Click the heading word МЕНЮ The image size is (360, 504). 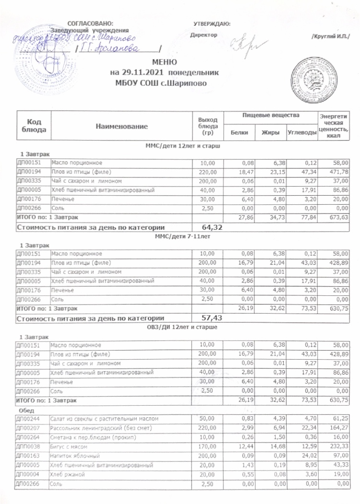(x=165, y=63)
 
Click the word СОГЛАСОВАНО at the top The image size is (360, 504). (x=91, y=23)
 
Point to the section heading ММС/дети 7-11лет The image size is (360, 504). (x=181, y=236)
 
